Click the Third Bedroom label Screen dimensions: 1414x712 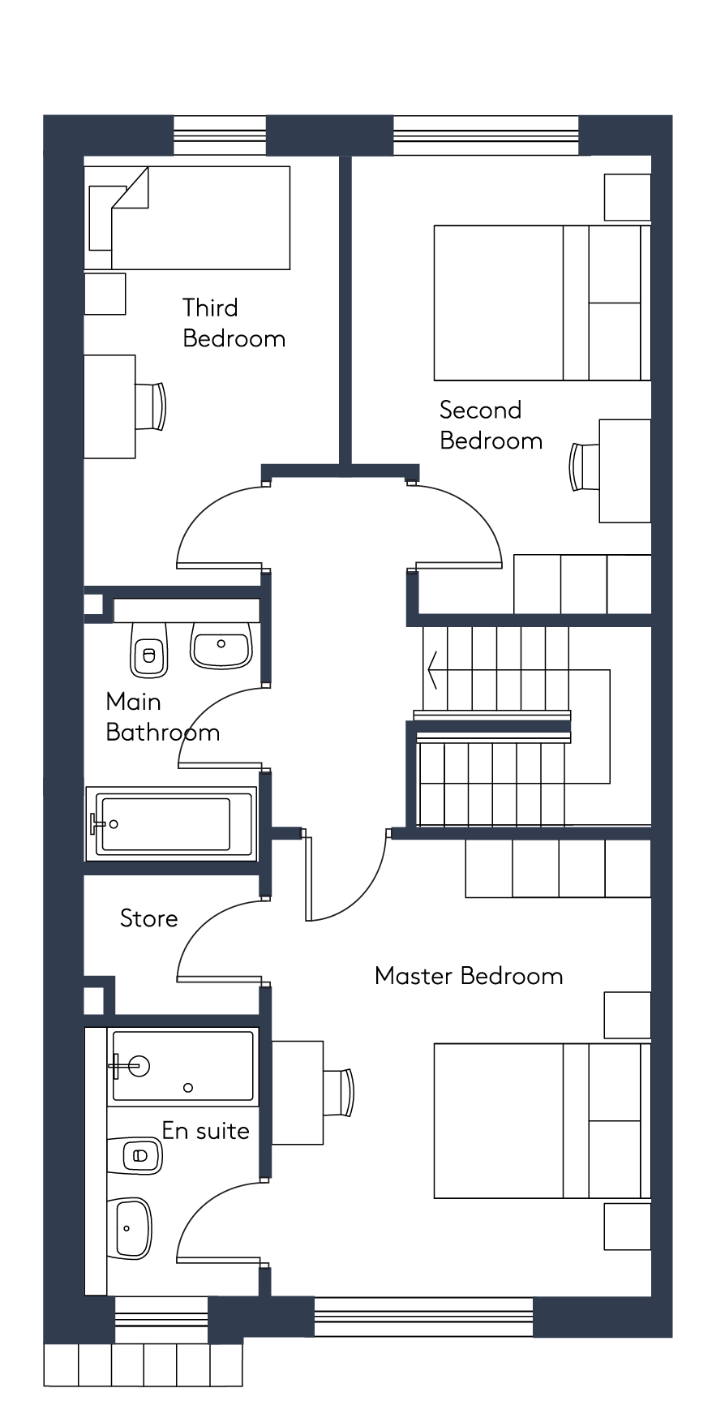[x=234, y=323]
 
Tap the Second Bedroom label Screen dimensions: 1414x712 [x=491, y=425]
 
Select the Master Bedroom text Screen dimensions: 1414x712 [x=469, y=975]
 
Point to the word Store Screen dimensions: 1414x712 [x=148, y=918]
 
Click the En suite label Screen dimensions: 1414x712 [x=205, y=1130]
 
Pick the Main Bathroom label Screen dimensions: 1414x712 [x=162, y=717]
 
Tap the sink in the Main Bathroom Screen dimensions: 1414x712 [x=221, y=646]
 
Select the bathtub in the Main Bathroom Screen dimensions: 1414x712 [x=171, y=823]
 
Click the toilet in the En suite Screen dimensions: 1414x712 [x=135, y=1155]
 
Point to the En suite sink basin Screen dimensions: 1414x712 [x=130, y=1227]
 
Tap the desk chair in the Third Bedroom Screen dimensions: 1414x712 [x=152, y=406]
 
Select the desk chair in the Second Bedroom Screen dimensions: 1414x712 [x=584, y=466]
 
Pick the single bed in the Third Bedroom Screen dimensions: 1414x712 [x=187, y=217]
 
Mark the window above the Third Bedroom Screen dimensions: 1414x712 [x=220, y=135]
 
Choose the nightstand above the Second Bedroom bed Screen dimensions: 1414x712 [x=627, y=197]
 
